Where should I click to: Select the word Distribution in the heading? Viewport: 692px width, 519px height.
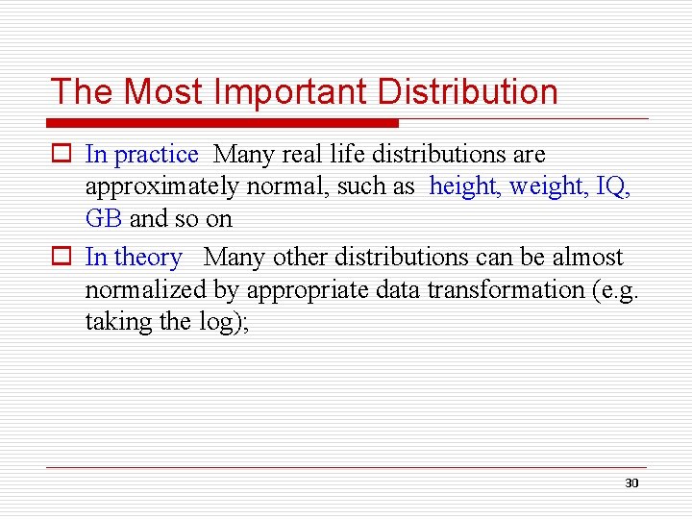click(x=468, y=92)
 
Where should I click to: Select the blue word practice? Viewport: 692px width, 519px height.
click(x=157, y=155)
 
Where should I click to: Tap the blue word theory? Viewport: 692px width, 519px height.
click(x=147, y=258)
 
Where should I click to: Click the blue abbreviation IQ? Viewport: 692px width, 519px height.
click(x=612, y=186)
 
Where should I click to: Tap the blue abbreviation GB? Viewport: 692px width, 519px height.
click(x=103, y=219)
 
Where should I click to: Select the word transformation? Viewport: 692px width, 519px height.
click(x=504, y=289)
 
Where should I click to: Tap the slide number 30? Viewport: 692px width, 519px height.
click(x=631, y=482)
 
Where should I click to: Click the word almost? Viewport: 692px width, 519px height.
click(x=587, y=258)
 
